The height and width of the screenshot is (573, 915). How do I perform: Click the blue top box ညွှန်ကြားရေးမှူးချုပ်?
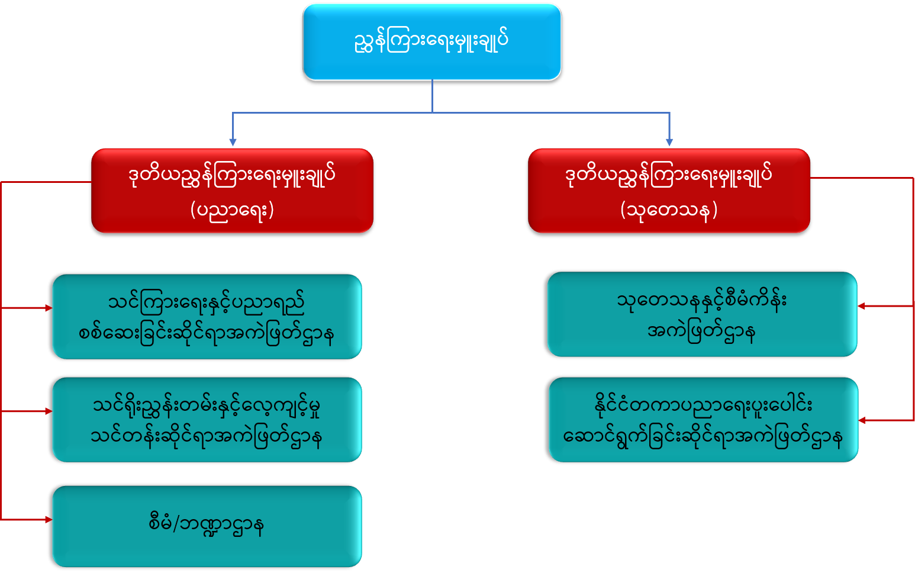[x=431, y=41]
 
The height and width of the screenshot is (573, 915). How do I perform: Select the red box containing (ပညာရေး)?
[x=232, y=190]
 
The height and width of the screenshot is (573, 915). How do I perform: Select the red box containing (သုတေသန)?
[x=669, y=190]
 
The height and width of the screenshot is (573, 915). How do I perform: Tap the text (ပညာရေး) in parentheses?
[x=232, y=210]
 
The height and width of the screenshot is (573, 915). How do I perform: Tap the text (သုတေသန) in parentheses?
[x=669, y=210]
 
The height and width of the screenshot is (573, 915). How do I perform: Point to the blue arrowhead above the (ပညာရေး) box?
[x=233, y=142]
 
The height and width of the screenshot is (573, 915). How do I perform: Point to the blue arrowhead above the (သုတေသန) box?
[x=669, y=142]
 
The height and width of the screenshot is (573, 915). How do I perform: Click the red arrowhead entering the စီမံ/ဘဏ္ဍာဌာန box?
[x=48, y=520]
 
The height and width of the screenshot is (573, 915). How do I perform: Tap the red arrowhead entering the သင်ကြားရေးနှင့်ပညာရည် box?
[x=48, y=308]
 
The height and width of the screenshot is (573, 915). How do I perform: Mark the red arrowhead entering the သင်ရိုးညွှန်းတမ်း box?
[x=48, y=411]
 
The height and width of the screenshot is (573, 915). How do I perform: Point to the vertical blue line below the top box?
[x=432, y=96]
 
